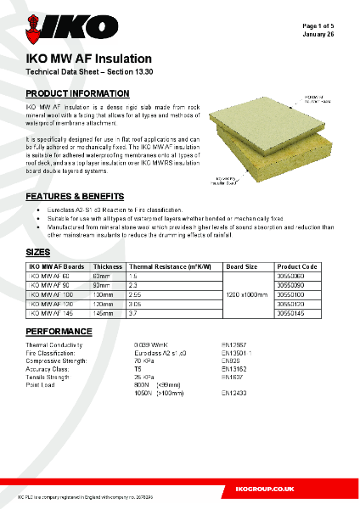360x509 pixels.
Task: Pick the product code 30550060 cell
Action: (x=296, y=277)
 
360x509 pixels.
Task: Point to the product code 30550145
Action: (x=296, y=313)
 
